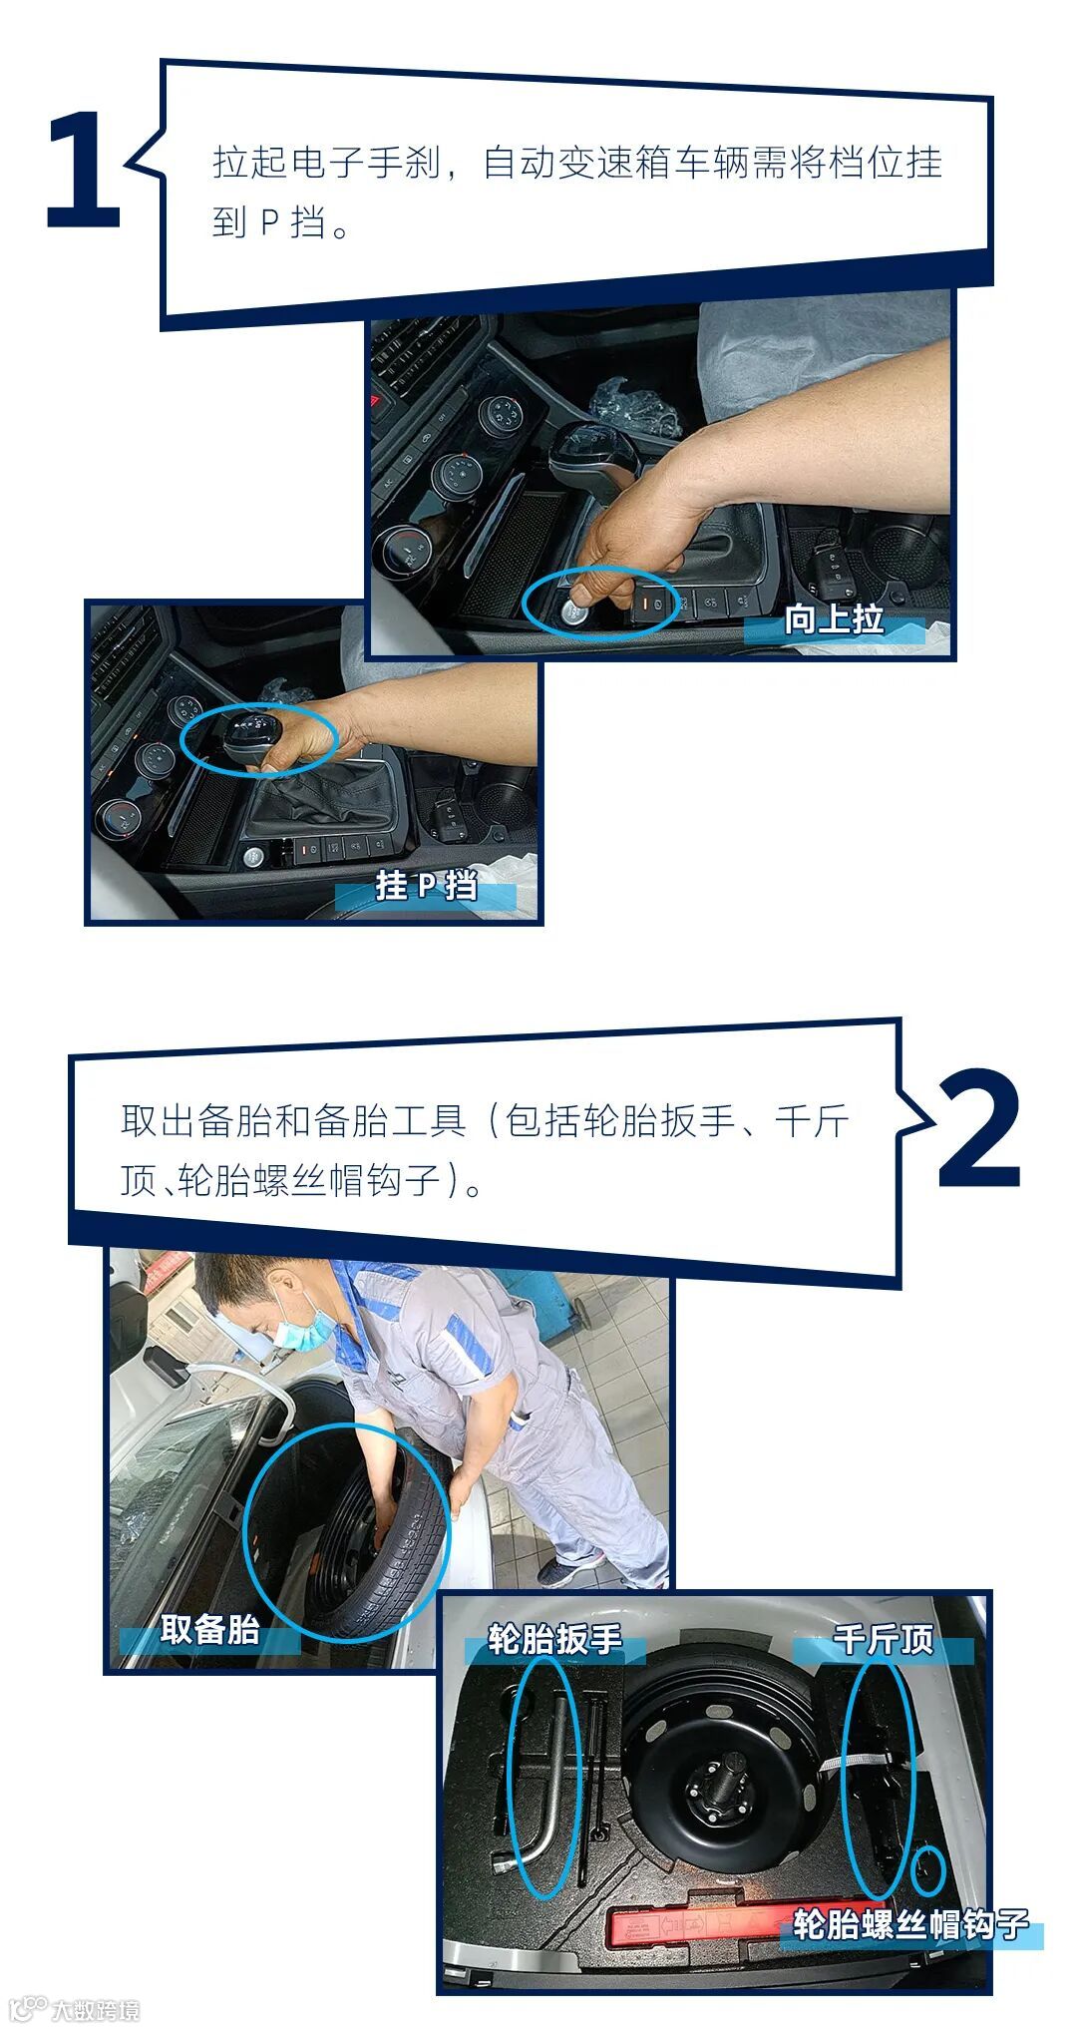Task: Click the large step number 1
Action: coord(85,171)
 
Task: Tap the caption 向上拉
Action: coord(835,619)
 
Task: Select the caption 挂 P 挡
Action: coord(427,885)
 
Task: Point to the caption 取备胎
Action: coord(209,1630)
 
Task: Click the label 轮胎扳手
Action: coord(554,1638)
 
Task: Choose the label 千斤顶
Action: coord(884,1638)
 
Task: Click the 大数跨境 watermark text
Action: coord(96,2009)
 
